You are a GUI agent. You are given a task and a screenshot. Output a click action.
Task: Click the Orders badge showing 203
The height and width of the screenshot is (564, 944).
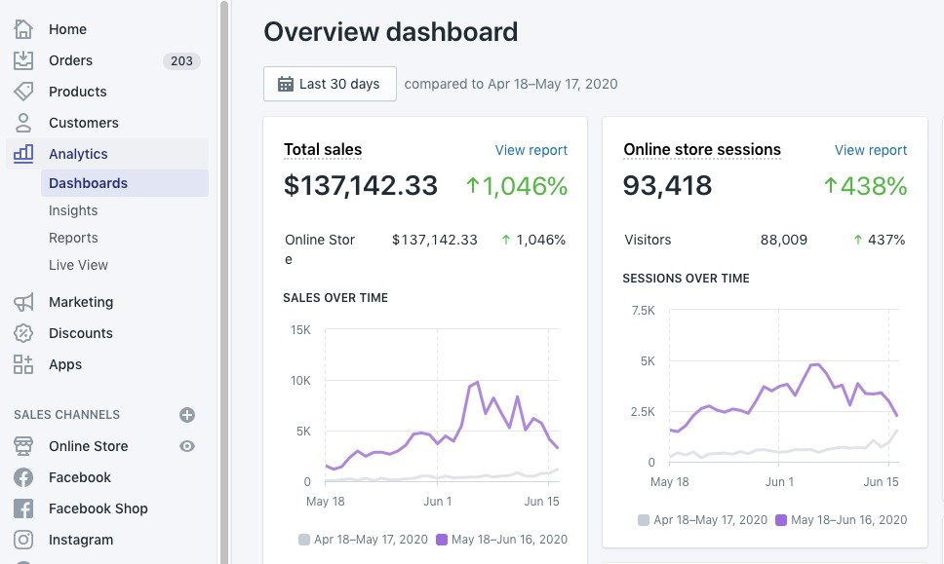[181, 60]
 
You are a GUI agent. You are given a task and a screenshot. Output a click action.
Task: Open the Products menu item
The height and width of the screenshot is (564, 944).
[77, 92]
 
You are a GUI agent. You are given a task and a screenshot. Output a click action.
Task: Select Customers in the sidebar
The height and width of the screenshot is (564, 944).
[83, 123]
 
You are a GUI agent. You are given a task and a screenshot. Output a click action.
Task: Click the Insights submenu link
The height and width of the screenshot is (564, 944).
[73, 210]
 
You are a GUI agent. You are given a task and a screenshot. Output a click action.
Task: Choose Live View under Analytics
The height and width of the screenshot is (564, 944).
[78, 265]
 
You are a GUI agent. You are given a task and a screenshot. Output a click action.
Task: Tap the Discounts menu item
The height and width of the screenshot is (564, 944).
[80, 333]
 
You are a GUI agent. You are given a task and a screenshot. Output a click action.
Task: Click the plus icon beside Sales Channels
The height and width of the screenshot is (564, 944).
[187, 415]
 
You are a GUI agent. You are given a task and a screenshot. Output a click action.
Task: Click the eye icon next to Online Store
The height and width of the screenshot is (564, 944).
[187, 446]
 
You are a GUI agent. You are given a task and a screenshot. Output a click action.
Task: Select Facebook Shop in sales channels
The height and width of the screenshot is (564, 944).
[98, 508]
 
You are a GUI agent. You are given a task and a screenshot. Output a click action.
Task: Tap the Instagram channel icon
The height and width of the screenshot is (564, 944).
[23, 540]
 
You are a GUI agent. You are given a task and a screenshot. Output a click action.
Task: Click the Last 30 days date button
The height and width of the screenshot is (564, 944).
[330, 84]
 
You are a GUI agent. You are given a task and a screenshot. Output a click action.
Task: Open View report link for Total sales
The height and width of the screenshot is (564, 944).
[531, 150]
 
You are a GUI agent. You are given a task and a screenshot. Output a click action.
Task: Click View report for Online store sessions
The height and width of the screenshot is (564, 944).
[870, 150]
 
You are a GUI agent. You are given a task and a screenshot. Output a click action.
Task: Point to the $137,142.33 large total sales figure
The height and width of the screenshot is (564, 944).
[361, 185]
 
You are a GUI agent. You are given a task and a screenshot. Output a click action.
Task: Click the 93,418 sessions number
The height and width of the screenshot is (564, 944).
[668, 185]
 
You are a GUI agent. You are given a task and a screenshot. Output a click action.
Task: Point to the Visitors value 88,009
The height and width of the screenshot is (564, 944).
[783, 240]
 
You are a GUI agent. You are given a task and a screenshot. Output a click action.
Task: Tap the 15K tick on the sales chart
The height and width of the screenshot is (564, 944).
[300, 330]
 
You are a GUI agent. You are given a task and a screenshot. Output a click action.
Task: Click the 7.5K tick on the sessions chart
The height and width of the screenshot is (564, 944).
[643, 311]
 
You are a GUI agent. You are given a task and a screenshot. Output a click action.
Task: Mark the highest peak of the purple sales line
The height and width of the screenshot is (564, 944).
[477, 382]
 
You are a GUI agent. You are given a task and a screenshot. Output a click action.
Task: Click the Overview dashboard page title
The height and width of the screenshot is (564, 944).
[390, 31]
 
